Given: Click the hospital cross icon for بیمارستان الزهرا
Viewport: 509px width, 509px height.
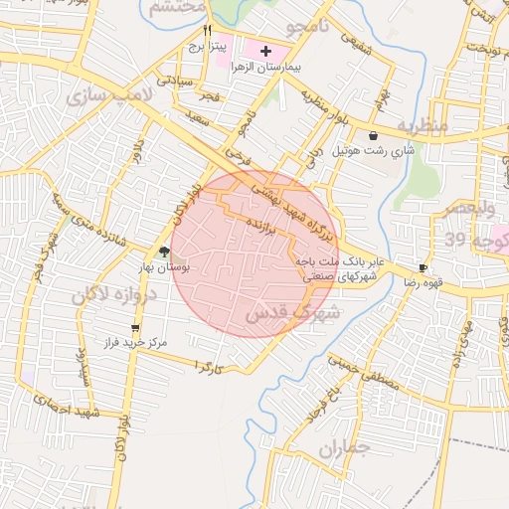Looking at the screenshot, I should tap(264, 50).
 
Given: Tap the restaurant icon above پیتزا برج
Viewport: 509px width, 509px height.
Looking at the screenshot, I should tap(207, 31).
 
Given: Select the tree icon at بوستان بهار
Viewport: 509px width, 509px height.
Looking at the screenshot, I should tap(163, 252).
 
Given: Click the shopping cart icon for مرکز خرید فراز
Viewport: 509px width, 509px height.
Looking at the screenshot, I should tap(135, 327).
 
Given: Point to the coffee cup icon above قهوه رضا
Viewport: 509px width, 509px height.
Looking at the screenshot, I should tap(424, 268).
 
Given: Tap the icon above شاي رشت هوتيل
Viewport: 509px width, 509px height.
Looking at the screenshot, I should tap(373, 136).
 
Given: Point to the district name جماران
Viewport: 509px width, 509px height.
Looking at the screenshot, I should tap(343, 449).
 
